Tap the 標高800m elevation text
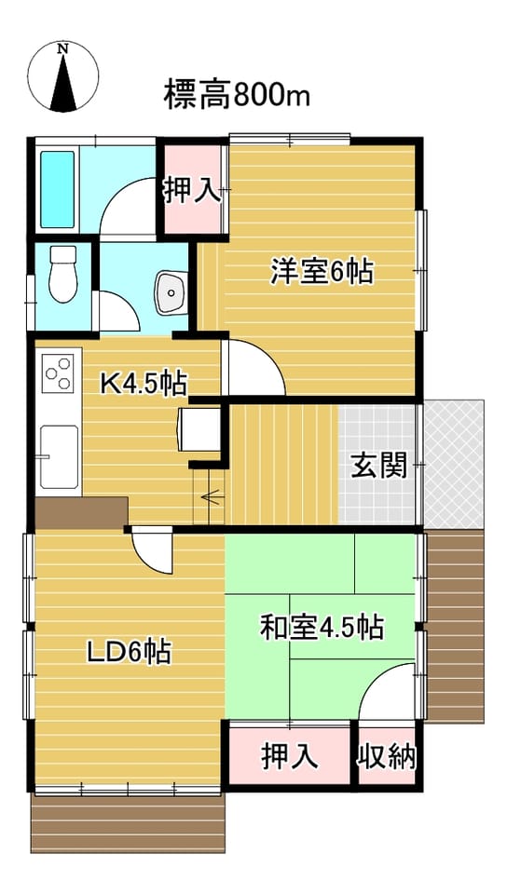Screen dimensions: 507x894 pyautogui.click(x=237, y=95)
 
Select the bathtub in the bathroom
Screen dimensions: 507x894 pyautogui.click(x=57, y=189)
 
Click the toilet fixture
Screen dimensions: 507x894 pyautogui.click(x=62, y=274)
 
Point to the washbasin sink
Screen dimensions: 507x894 pyautogui.click(x=171, y=291)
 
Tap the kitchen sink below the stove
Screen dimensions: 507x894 pyautogui.click(x=60, y=457)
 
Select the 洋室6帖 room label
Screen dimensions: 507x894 pyautogui.click(x=322, y=271)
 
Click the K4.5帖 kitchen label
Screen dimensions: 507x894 pyautogui.click(x=144, y=383)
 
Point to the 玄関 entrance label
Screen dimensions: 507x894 pyautogui.click(x=378, y=466)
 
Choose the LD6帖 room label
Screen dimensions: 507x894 pyautogui.click(x=129, y=652)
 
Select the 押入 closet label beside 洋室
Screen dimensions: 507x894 pyautogui.click(x=192, y=190)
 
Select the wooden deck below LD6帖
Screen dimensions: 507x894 pyautogui.click(x=128, y=823)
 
